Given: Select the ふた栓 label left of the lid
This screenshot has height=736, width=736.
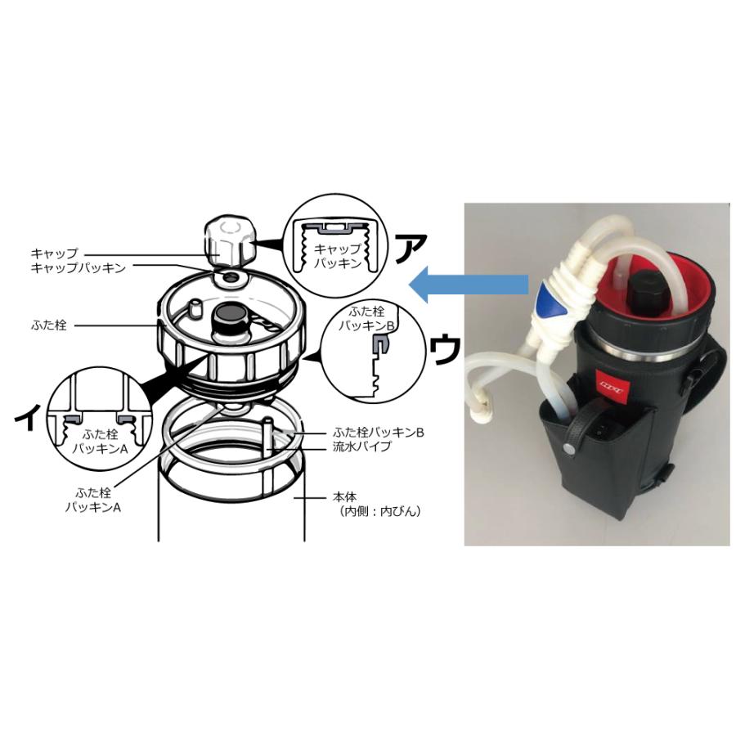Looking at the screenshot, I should (52, 325).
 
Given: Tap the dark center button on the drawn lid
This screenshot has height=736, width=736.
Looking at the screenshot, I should (227, 315).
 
